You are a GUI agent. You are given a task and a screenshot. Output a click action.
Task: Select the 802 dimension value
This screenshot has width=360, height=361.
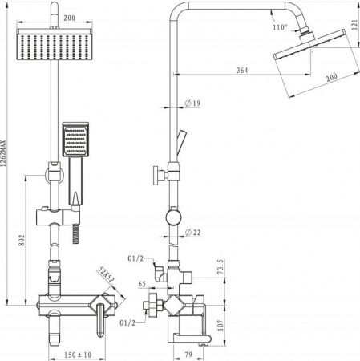click(22, 240)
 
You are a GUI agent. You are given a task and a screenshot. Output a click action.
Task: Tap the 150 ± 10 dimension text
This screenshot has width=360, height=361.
click(78, 355)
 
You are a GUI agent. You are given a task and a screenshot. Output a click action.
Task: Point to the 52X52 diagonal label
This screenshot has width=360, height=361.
click(105, 275)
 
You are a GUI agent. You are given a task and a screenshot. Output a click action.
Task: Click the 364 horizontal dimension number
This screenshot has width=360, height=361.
click(242, 70)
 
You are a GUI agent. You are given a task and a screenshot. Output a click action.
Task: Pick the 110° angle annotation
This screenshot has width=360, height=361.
click(280, 27)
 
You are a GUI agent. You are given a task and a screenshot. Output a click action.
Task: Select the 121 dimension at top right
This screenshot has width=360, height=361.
click(354, 25)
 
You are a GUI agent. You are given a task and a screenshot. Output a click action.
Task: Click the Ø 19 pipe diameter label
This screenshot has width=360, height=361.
click(192, 103)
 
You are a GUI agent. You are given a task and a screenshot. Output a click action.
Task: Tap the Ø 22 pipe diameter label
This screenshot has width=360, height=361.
click(192, 233)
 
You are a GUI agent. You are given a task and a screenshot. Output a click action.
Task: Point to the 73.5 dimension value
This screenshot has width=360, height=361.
click(220, 266)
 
